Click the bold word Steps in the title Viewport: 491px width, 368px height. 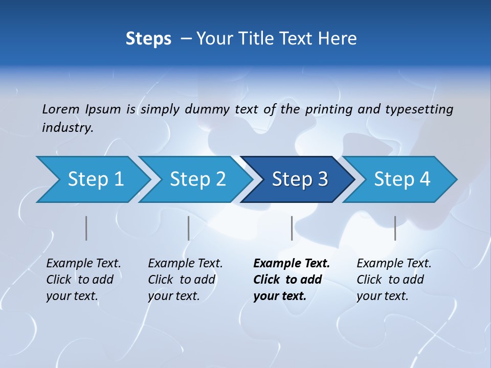click(x=148, y=39)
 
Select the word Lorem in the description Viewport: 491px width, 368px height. click(x=61, y=109)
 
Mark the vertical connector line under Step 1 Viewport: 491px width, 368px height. click(x=86, y=228)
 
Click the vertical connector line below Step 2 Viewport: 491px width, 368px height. click(x=189, y=228)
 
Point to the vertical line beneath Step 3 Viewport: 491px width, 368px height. click(x=292, y=228)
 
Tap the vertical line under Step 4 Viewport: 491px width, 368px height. click(x=395, y=228)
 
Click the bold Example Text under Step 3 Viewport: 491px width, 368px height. click(x=292, y=264)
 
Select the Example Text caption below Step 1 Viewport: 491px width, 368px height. click(x=84, y=264)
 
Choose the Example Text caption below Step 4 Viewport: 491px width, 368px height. click(x=394, y=264)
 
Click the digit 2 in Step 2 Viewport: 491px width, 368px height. click(x=220, y=179)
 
